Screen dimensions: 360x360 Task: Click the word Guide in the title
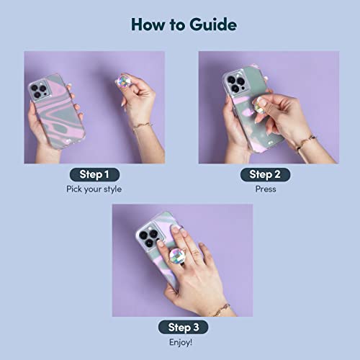pyautogui.click(x=213, y=24)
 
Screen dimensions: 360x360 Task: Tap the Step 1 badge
pyautogui.click(x=94, y=174)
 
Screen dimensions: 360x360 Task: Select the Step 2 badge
pyautogui.click(x=265, y=174)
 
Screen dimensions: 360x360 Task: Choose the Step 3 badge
pyautogui.click(x=183, y=327)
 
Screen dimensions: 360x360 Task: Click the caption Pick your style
pyautogui.click(x=94, y=189)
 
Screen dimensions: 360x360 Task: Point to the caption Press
pyautogui.click(x=266, y=189)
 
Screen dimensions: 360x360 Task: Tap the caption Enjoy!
pyautogui.click(x=181, y=342)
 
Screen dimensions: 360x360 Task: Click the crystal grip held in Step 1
pyautogui.click(x=123, y=81)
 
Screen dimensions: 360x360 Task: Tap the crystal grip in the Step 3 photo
pyautogui.click(x=176, y=256)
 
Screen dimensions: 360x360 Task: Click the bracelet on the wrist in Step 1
pyautogui.click(x=143, y=126)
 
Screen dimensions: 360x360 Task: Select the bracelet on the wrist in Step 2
pyautogui.click(x=305, y=142)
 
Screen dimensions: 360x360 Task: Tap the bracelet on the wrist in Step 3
pyautogui.click(x=222, y=310)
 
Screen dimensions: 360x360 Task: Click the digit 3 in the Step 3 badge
pyautogui.click(x=197, y=328)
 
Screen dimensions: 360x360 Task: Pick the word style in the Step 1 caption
pyautogui.click(x=112, y=189)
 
